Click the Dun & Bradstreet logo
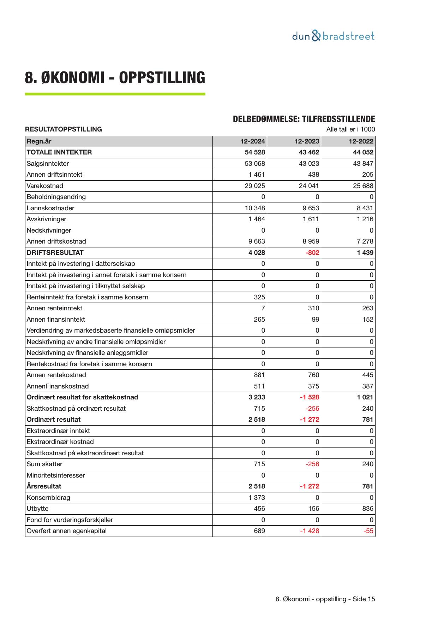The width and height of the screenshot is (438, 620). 333,36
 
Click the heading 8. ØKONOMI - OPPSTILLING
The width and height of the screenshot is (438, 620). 115,77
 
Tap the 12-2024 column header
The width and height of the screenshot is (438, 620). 252,141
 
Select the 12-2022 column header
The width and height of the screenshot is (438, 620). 361,141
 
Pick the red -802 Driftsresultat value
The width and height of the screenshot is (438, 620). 312,253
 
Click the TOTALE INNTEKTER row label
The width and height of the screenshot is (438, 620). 59,152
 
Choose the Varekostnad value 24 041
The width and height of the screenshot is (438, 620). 309,186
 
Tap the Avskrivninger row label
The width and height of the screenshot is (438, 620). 46,219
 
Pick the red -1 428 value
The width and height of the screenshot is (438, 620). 310,531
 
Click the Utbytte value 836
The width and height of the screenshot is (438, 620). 367,509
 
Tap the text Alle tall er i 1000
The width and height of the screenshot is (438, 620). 350,129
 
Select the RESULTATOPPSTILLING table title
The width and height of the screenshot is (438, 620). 63,129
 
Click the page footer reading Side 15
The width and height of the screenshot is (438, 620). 325,599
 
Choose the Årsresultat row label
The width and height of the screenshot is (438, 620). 44,486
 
